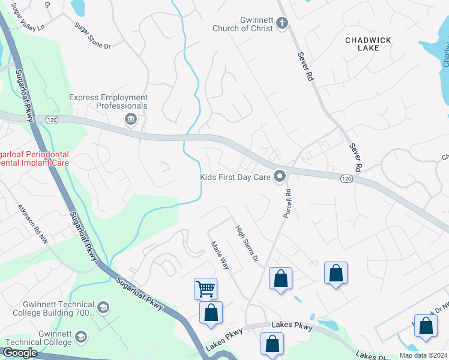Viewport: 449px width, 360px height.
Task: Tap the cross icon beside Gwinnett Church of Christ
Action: point(282,23)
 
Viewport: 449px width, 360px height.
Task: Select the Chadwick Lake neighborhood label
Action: point(368,44)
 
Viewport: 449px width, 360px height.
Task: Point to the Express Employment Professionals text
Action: point(108,101)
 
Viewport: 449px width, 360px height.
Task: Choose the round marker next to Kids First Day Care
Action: point(279,176)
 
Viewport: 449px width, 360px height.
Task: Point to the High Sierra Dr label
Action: point(247,243)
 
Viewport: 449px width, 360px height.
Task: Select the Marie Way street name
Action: point(220,256)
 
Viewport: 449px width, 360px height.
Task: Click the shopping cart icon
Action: point(205,289)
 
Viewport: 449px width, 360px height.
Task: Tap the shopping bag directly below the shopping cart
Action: point(211,313)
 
